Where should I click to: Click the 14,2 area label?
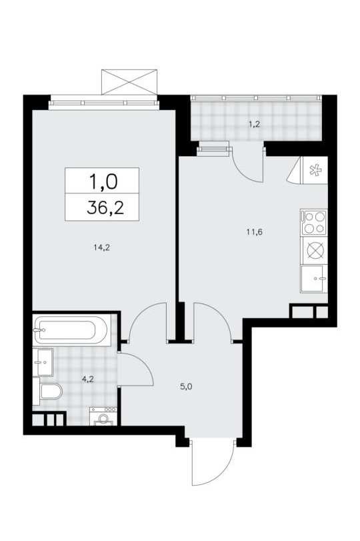tap(101, 247)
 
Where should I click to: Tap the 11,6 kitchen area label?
tap(255, 232)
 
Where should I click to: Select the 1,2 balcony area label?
tap(255, 125)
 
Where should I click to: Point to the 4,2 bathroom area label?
tap(87, 380)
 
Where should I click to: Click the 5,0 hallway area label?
tap(186, 387)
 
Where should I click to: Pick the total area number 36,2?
tap(105, 207)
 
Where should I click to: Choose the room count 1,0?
tap(103, 181)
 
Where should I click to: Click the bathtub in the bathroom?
tap(72, 330)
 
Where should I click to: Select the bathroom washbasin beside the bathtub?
tap(43, 362)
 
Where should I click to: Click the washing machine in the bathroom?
tap(103, 416)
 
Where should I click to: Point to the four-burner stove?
tap(313, 223)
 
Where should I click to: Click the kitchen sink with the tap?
tap(313, 279)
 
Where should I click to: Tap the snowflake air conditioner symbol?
tap(315, 171)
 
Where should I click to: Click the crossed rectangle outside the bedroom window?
tap(129, 82)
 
